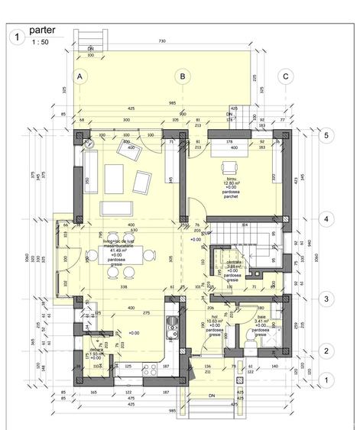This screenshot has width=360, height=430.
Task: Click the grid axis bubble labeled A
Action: [x=79, y=76]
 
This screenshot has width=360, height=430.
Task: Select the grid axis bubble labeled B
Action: [x=182, y=76]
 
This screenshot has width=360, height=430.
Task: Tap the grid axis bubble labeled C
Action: [x=285, y=76]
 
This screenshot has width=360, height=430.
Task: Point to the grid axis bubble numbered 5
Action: [x=326, y=135]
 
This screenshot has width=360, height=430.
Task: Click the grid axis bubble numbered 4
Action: [x=326, y=219]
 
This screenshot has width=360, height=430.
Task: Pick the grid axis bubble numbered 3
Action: [x=326, y=299]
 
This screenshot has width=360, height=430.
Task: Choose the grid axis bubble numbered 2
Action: [x=326, y=351]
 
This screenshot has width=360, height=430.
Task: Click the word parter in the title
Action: [x=44, y=31]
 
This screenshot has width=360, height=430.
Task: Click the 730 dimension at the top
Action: [x=162, y=40]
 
